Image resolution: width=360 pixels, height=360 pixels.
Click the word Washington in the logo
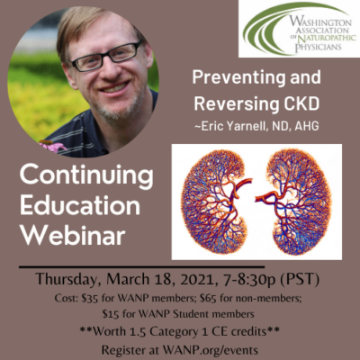[320, 22]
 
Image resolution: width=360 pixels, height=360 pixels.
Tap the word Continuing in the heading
[86, 175]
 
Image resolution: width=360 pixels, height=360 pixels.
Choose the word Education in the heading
[80, 206]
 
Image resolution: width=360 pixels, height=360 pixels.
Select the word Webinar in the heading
[73, 235]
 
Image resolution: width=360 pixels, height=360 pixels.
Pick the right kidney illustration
[295, 202]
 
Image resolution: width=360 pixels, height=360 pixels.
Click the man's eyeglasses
[105, 57]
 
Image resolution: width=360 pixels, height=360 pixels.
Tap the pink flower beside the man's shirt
[51, 146]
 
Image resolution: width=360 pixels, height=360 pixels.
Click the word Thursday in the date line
[67, 279]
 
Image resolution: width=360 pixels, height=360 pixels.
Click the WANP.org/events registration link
[211, 350]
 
